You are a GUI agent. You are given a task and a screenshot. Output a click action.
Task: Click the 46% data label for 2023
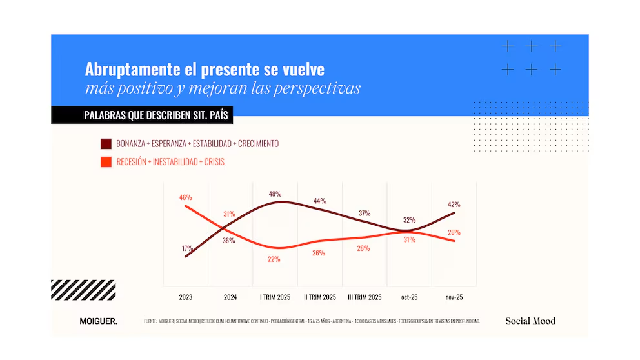tap(185, 197)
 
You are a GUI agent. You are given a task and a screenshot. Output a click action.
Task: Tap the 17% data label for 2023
tap(186, 248)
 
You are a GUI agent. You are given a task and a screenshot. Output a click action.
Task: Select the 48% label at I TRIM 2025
tap(275, 194)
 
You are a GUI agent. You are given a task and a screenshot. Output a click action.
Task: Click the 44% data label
tap(319, 201)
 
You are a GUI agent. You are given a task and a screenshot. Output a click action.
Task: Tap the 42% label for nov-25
tap(454, 204)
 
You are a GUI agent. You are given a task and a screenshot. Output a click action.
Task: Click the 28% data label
tap(363, 248)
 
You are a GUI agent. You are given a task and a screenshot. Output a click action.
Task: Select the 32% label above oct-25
tap(408, 219)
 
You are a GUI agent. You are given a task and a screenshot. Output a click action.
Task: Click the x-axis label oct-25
tap(409, 297)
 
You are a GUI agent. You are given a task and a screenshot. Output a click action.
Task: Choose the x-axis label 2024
tap(230, 297)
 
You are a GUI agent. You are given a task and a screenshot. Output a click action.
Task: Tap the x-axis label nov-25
tap(454, 297)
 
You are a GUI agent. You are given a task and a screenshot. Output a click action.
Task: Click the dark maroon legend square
tap(106, 143)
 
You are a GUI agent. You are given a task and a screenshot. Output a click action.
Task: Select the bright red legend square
tap(106, 162)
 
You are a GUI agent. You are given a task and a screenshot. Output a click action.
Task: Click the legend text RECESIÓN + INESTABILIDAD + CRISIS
tap(170, 162)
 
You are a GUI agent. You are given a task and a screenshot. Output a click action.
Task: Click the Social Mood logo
tap(530, 321)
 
